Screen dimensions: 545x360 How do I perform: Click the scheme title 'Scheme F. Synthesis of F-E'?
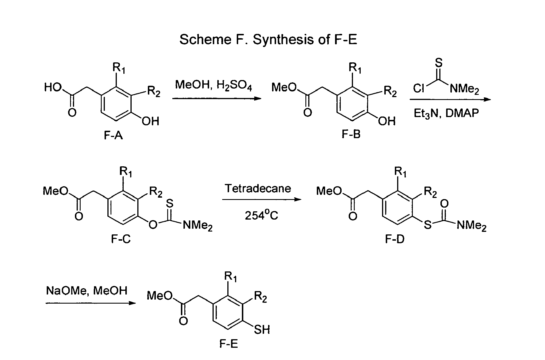[x=268, y=40]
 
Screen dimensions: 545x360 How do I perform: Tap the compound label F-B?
[x=351, y=134]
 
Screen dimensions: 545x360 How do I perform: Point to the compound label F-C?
[x=121, y=239]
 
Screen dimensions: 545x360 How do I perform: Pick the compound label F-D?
[x=395, y=239]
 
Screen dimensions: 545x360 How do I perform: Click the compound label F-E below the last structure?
[x=228, y=344]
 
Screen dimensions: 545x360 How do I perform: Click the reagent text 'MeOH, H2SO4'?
[x=214, y=85]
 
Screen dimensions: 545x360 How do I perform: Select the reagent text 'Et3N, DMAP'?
[x=446, y=114]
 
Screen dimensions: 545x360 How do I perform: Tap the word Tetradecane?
[x=258, y=188]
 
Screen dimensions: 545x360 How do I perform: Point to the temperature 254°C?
[x=262, y=215]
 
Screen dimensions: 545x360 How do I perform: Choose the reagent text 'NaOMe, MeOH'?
[x=87, y=291]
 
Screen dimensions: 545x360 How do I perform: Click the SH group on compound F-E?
[x=262, y=330]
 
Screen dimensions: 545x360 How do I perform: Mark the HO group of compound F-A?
[x=53, y=87]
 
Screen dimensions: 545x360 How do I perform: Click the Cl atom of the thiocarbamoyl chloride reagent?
[x=419, y=89]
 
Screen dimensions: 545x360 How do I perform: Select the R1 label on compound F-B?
[x=355, y=68]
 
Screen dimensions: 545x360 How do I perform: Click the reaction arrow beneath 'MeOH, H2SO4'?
[x=217, y=99]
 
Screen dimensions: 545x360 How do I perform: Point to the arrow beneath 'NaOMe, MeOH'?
[x=91, y=303]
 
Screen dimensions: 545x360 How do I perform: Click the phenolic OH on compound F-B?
[x=387, y=121]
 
